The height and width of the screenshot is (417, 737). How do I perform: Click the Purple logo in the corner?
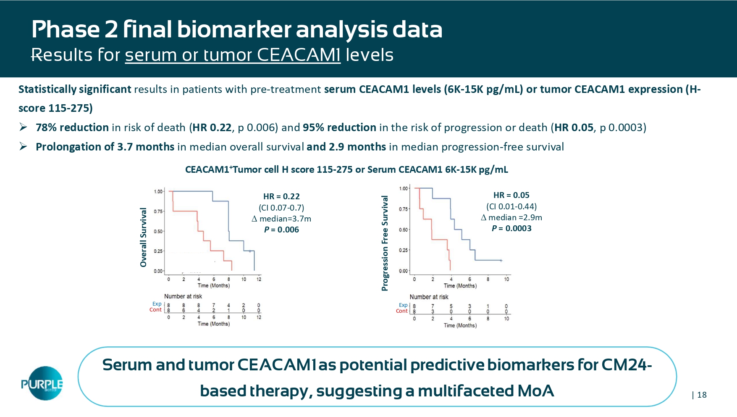click(42, 383)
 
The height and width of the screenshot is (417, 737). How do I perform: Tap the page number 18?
click(702, 395)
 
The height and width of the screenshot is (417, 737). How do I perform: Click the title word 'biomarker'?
click(234, 29)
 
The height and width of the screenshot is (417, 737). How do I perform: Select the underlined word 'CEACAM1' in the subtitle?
click(298, 55)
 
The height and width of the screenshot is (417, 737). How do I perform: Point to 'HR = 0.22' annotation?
click(281, 196)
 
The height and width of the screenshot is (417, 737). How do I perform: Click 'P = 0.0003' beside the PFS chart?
click(511, 228)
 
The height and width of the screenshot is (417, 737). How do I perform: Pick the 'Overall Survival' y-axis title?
click(144, 237)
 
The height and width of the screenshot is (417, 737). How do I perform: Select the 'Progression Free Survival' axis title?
click(385, 243)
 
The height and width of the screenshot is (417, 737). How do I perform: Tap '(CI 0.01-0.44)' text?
click(511, 206)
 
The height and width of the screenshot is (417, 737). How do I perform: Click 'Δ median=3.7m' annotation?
click(281, 219)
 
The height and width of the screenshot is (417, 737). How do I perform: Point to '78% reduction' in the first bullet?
click(72, 127)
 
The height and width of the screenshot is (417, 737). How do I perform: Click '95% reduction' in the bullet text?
click(339, 127)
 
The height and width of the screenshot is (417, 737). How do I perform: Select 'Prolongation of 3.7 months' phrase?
click(105, 147)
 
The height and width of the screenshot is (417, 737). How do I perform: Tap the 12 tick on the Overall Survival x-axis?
click(259, 279)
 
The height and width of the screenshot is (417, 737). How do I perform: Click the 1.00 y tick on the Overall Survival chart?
click(158, 192)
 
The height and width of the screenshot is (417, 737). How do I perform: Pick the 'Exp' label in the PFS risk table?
click(403, 305)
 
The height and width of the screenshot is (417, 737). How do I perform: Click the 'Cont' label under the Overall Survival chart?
click(155, 310)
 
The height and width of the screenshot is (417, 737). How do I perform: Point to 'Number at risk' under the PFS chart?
click(429, 297)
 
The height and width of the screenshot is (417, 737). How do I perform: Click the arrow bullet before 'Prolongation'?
click(24, 147)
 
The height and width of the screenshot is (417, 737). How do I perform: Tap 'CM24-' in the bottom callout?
click(627, 365)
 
